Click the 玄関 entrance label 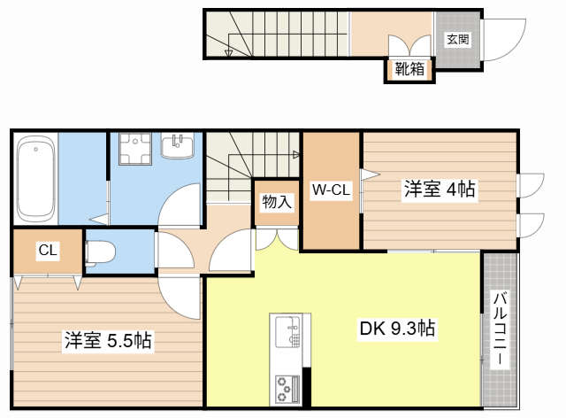click(457, 39)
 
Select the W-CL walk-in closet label click(331, 189)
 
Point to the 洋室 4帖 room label click(440, 189)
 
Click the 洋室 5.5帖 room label click(107, 340)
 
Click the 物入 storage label click(275, 202)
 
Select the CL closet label click(47, 251)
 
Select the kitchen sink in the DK click(288, 333)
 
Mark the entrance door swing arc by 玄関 click(502, 40)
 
